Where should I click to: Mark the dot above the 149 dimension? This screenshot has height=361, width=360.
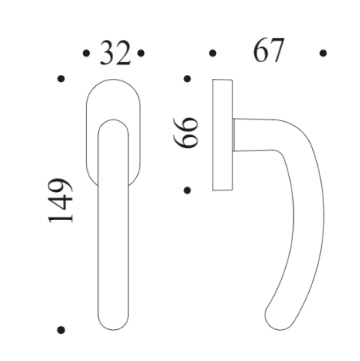click(61, 79)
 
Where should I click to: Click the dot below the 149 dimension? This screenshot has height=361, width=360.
click(61, 329)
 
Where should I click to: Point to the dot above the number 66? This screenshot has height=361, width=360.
click(186, 79)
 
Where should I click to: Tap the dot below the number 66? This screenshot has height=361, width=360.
click(186, 190)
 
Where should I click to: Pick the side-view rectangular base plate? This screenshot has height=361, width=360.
click(222, 135)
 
